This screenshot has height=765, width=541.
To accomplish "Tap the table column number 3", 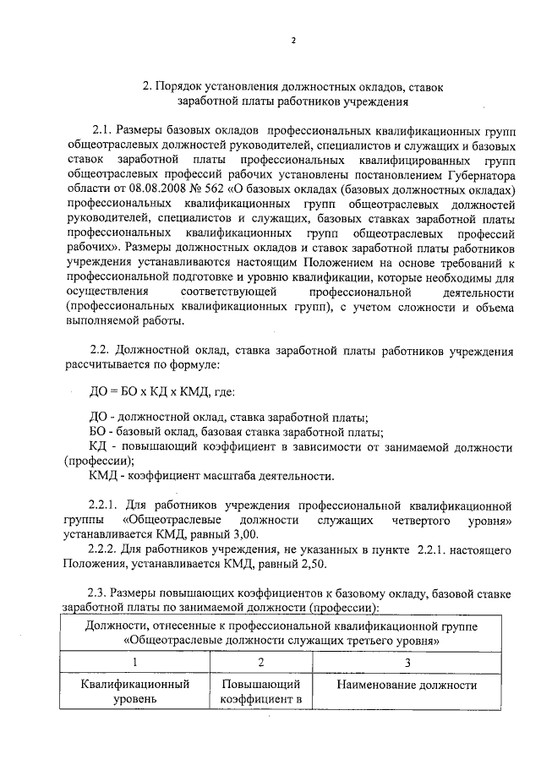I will pos(406,663).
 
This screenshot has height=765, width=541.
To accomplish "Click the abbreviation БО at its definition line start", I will pos(96,432).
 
